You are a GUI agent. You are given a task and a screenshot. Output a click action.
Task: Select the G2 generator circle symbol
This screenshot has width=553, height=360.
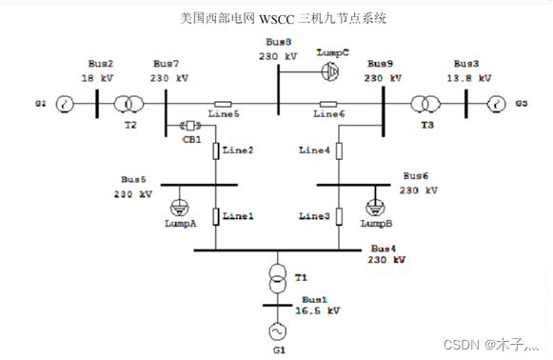64,104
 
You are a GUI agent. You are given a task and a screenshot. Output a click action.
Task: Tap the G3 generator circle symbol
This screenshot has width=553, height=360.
494,104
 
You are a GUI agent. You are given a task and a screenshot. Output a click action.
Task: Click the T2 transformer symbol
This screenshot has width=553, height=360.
125,104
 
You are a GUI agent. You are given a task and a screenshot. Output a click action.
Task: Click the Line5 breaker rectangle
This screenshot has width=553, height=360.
223,104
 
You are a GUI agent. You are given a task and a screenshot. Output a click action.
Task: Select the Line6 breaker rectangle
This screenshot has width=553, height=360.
328,104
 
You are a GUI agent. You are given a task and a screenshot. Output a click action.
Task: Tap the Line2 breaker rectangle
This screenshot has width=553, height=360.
217,150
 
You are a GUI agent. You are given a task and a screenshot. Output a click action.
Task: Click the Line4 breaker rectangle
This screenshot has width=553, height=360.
338,150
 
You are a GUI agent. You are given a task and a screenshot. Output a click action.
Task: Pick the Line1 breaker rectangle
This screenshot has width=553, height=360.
217,216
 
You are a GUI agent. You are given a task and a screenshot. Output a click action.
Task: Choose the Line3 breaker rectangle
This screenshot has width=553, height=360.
338,216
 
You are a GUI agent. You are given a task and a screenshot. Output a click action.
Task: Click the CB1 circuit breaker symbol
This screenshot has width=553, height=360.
188,125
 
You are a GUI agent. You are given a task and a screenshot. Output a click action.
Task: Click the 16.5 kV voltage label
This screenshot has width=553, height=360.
318,310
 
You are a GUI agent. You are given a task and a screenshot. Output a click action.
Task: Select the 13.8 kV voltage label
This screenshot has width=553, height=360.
472,77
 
